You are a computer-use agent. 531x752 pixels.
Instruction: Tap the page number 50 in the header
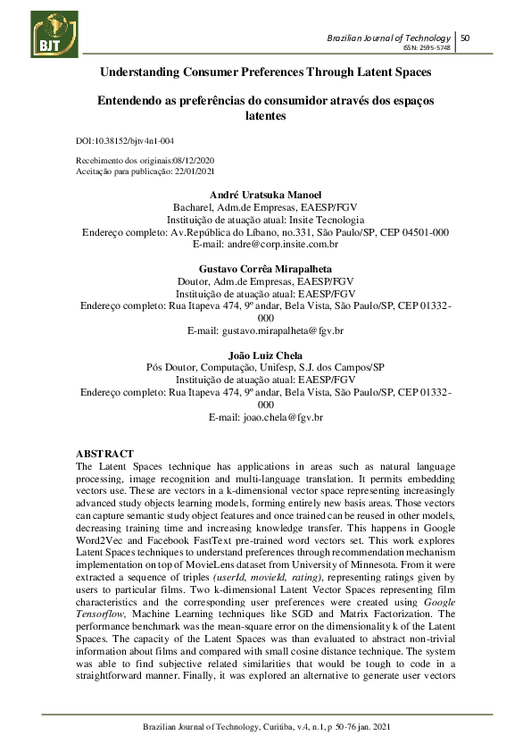pyautogui.click(x=465, y=38)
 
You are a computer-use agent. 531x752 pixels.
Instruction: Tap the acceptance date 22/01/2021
pyautogui.click(x=194, y=171)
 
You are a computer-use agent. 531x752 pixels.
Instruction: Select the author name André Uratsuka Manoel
pyautogui.click(x=265, y=195)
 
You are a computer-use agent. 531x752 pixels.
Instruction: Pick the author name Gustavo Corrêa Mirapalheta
pyautogui.click(x=265, y=268)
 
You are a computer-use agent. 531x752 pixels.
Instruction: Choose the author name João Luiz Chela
pyautogui.click(x=265, y=355)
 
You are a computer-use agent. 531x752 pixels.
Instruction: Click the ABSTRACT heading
pyautogui.click(x=104, y=455)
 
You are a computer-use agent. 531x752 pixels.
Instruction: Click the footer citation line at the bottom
pyautogui.click(x=265, y=728)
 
